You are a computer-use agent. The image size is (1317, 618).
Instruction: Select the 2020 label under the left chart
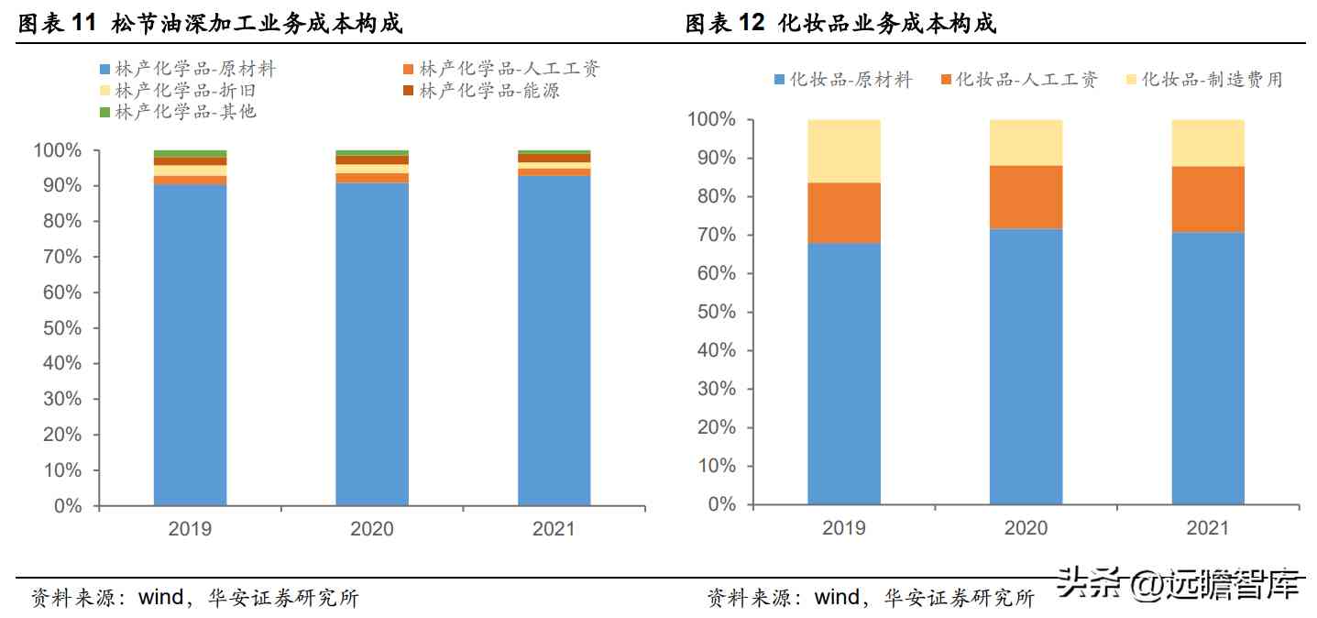point(372,529)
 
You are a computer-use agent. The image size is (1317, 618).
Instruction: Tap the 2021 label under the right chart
point(1208,528)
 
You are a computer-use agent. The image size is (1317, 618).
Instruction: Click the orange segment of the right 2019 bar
point(844,213)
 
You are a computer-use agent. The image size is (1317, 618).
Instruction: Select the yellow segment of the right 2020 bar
point(1026,142)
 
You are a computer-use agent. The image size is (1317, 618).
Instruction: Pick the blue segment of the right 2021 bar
point(1208,367)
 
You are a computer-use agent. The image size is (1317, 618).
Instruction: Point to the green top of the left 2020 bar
point(372,153)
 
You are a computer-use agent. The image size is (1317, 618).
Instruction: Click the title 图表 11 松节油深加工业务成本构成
point(211,24)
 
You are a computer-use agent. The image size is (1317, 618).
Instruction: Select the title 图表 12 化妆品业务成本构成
point(840,24)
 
